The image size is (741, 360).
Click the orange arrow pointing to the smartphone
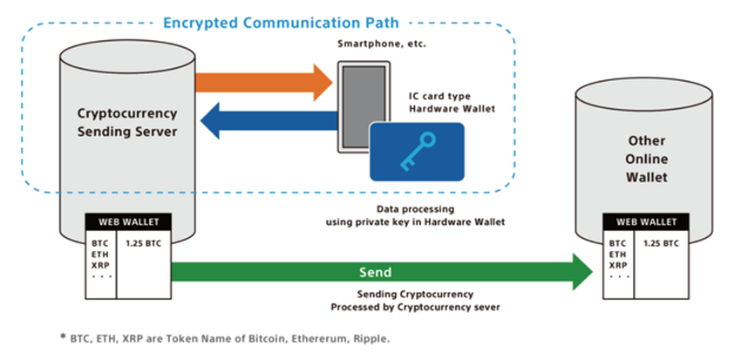coord(262,82)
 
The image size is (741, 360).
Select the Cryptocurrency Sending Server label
coord(129,123)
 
